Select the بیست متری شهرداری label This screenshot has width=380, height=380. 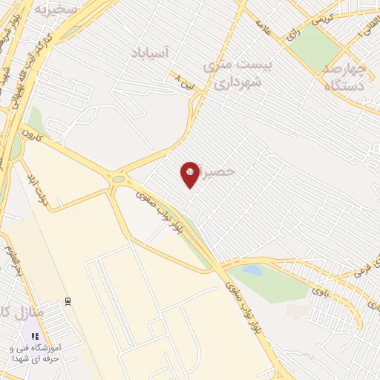point(237,74)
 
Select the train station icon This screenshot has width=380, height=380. point(68,301)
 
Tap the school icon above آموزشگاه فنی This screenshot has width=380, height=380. point(35,335)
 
